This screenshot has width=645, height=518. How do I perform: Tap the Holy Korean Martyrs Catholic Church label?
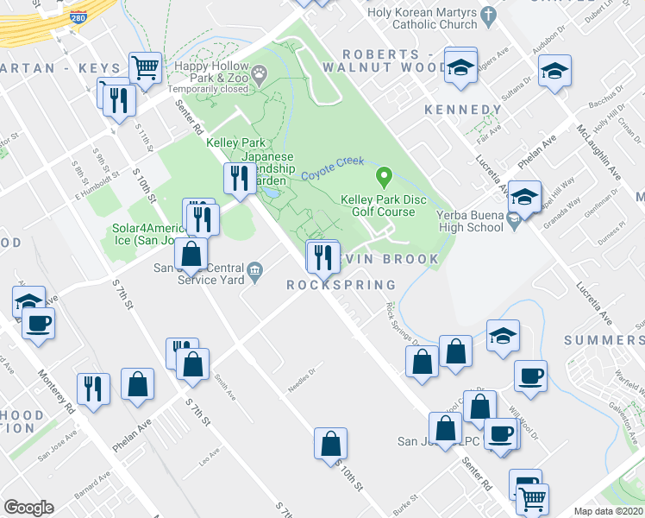[x=422, y=18]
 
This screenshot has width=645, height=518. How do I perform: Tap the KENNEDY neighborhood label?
[x=462, y=110]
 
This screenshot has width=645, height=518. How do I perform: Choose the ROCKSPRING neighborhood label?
[x=341, y=285]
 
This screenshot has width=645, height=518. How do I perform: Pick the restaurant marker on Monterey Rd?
[x=91, y=388]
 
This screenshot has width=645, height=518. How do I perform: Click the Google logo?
[x=28, y=507]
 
